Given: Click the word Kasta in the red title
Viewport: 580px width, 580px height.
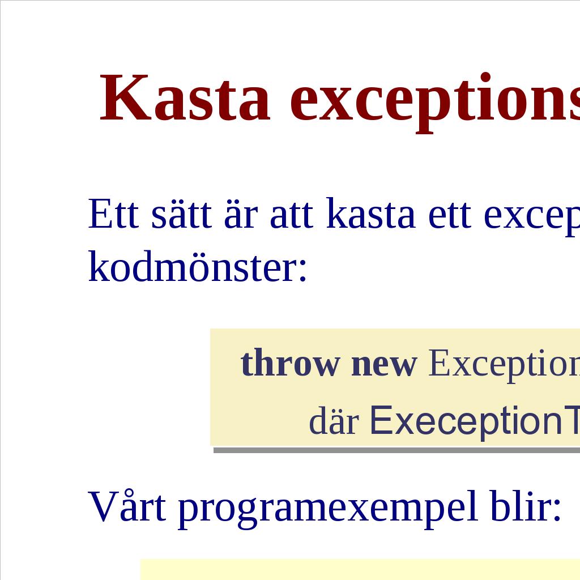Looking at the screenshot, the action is (185, 97).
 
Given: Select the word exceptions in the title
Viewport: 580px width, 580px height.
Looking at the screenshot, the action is (435, 102).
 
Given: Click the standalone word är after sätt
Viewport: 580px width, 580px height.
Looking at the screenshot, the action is (241, 215).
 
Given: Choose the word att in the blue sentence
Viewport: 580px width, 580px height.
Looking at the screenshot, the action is (292, 215).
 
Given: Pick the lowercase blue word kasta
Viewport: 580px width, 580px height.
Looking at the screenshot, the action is (370, 213).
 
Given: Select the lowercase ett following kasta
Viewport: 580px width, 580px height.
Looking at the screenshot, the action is (449, 215).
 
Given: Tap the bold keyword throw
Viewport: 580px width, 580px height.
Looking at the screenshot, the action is (290, 362).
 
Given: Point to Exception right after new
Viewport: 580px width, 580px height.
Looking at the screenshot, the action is (504, 365).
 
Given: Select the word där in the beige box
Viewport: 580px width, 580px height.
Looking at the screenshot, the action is (334, 421).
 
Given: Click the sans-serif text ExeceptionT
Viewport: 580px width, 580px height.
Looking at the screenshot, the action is (475, 422).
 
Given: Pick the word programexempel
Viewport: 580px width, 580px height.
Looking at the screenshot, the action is (327, 509).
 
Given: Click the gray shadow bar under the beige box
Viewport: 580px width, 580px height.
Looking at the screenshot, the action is (396, 450).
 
